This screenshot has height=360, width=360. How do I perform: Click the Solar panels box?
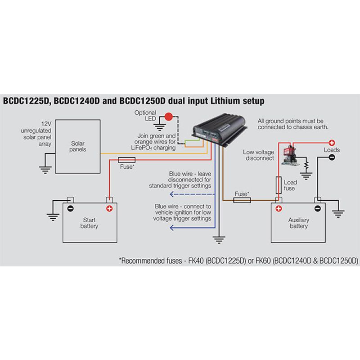pyautogui.click(x=77, y=146)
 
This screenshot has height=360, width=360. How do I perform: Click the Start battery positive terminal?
pyautogui.click(x=109, y=208)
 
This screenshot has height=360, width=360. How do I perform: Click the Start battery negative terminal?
pyautogui.click(x=70, y=208)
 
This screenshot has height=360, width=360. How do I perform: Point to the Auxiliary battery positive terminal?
pyautogui.click(x=279, y=208)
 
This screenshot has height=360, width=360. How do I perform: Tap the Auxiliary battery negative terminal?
pyautogui.click(x=318, y=208)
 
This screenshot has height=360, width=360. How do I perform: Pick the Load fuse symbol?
pyautogui.click(x=279, y=184)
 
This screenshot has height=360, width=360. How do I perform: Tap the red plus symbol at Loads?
pyautogui.click(x=331, y=142)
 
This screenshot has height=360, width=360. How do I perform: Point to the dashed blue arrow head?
pyautogui.click(x=171, y=194)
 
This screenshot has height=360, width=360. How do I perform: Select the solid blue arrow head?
pyautogui.click(x=171, y=228)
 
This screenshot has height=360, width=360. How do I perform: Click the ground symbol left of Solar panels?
pyautogui.click(x=45, y=169)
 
